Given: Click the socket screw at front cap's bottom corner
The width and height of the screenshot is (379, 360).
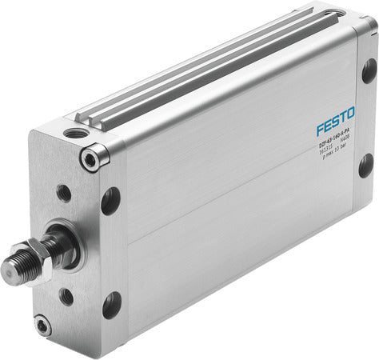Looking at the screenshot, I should (x=42, y=325).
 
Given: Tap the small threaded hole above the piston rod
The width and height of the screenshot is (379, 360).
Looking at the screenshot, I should (x=63, y=192).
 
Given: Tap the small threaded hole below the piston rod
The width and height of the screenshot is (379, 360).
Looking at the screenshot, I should (x=66, y=296).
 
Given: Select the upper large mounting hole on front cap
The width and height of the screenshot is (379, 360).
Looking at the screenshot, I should (x=110, y=199).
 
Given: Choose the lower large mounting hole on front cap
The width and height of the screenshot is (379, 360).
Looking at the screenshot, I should (x=112, y=304).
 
